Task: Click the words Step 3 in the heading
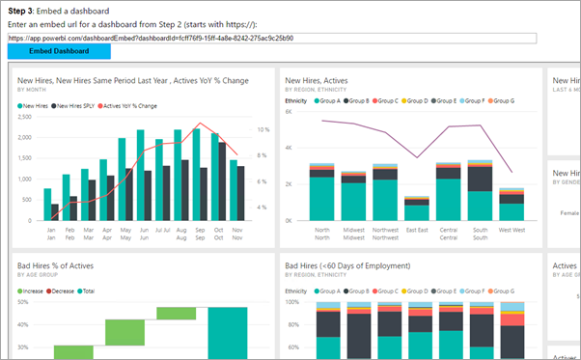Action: coord(24,10)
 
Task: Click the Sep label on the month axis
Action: coord(200,231)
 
